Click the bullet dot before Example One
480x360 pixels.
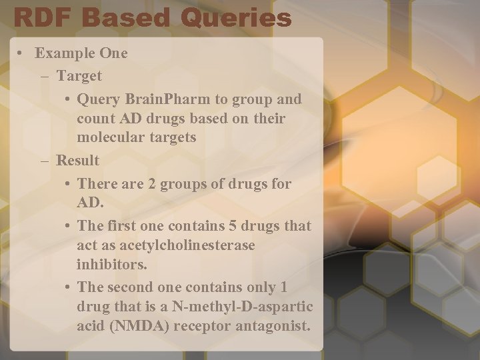point(23,53)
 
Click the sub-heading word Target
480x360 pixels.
point(79,76)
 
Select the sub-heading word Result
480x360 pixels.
point(78,161)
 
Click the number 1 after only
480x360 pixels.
point(284,287)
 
